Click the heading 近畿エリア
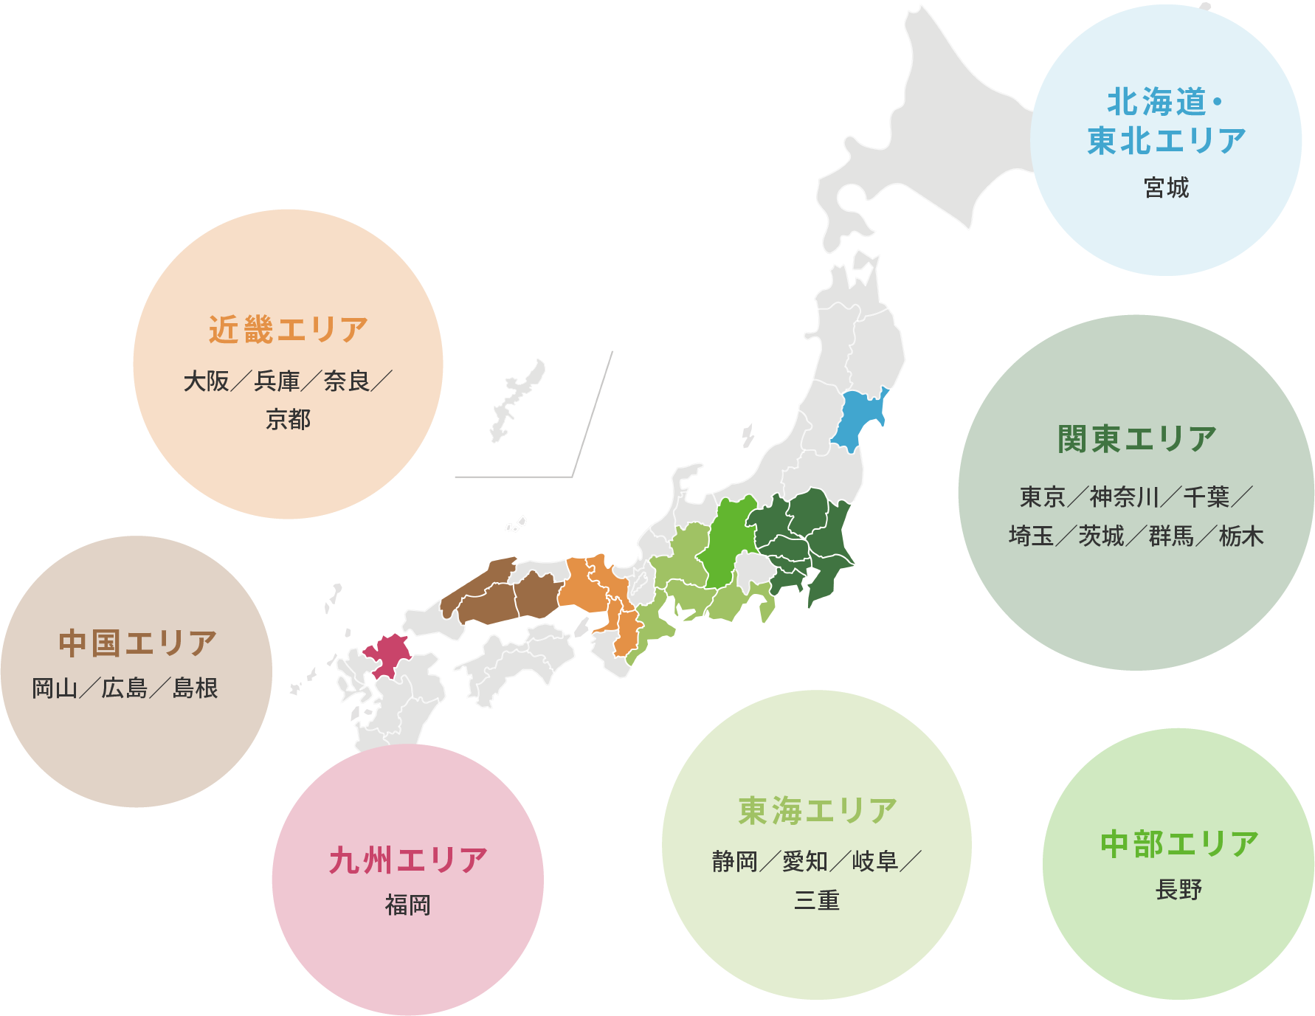[288, 330]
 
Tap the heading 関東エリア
[1136, 439]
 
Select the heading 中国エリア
[137, 643]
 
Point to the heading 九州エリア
[408, 861]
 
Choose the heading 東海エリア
[817, 811]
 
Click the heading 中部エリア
[1178, 844]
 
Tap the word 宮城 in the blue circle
[1166, 187]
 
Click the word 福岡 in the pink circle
[407, 905]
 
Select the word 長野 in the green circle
[1178, 890]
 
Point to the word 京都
[288, 419]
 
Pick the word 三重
[817, 900]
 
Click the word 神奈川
[1125, 497]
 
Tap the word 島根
[195, 688]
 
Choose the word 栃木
[1241, 536]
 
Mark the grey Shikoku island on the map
[517, 660]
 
